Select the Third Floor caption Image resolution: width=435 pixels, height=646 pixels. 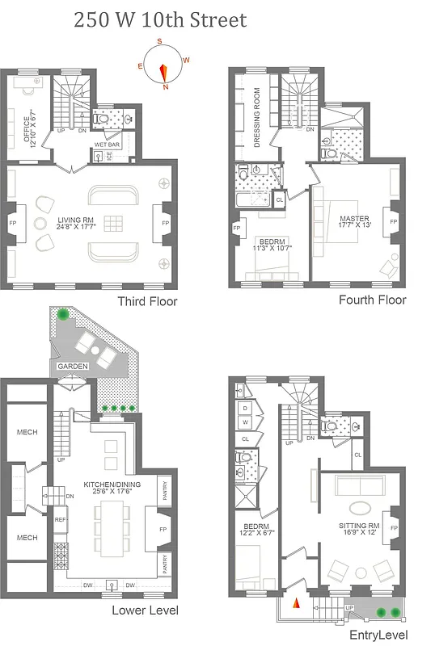147,302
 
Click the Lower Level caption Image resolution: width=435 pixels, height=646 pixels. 145,610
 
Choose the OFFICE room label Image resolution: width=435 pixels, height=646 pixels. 29,128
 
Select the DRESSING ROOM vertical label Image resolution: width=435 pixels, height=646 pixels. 256,115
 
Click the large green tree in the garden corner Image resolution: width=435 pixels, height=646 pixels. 63,315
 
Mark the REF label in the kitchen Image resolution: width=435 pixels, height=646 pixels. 61,521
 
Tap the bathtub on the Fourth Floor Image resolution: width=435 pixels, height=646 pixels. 253,198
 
